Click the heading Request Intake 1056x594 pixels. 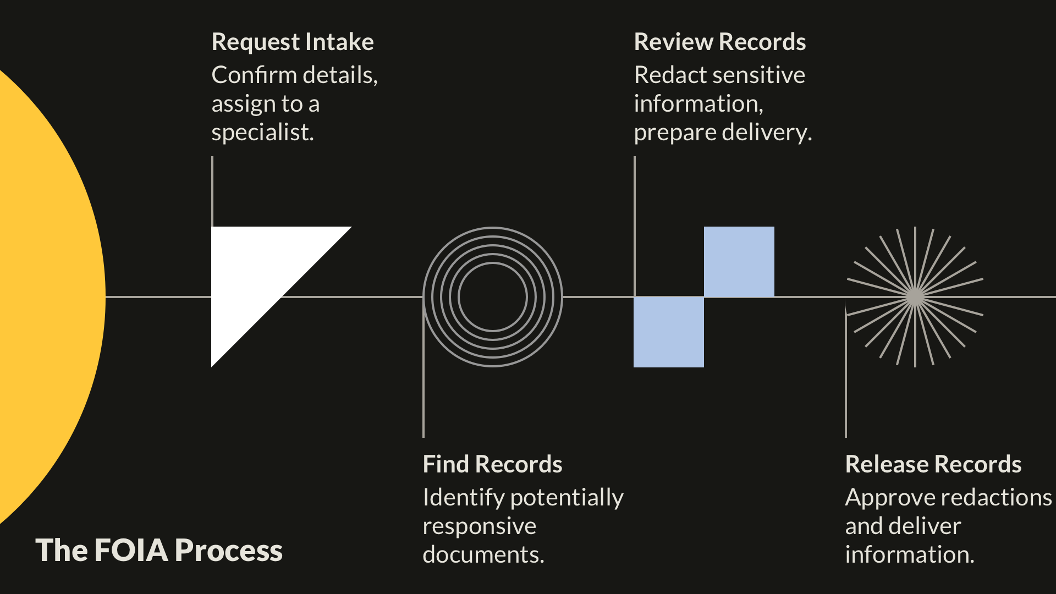point(293,42)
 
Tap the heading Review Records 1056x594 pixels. point(719,42)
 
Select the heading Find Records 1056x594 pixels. point(492,465)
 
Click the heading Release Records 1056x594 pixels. point(933,465)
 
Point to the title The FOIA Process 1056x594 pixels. point(159,551)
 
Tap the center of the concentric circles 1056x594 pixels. point(493,297)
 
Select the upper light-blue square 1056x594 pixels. point(739,262)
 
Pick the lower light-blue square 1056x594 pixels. point(669,332)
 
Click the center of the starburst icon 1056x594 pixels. point(915,297)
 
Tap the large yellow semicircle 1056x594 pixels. point(44,297)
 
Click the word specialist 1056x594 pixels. point(262,133)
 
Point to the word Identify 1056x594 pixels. point(464,498)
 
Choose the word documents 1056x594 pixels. point(483,555)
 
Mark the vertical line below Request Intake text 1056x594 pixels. point(212,190)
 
